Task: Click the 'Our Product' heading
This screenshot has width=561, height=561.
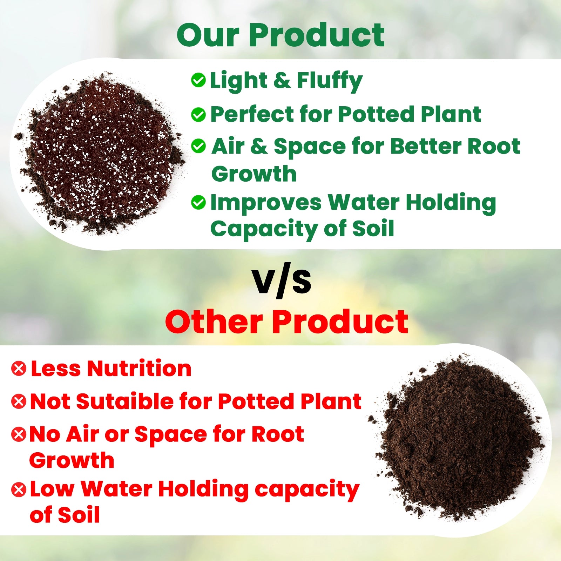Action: (280, 35)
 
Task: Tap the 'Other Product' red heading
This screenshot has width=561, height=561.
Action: (287, 322)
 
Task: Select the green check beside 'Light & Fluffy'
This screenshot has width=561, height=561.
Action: (198, 80)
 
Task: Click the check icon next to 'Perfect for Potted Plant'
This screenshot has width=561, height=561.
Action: (198, 115)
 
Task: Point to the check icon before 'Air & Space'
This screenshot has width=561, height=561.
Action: (198, 146)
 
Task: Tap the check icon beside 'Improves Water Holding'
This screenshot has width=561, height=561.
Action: (198, 203)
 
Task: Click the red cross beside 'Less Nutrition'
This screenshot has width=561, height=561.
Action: (19, 369)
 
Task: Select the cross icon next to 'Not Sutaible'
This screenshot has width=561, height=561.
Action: (19, 401)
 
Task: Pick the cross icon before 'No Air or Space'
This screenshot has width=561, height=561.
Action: (19, 434)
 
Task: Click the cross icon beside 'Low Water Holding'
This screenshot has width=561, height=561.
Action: (19, 489)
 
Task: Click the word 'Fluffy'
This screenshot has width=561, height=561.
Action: (330, 81)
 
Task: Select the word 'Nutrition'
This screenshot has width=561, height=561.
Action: (139, 369)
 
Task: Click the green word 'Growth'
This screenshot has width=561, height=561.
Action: (254, 174)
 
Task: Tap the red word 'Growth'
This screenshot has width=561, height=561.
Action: (72, 460)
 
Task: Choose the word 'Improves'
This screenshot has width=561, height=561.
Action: (266, 203)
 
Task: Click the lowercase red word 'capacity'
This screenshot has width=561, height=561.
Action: (307, 490)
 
